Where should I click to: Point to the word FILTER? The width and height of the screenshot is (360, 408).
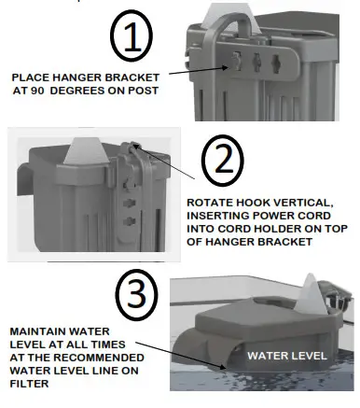27,382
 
